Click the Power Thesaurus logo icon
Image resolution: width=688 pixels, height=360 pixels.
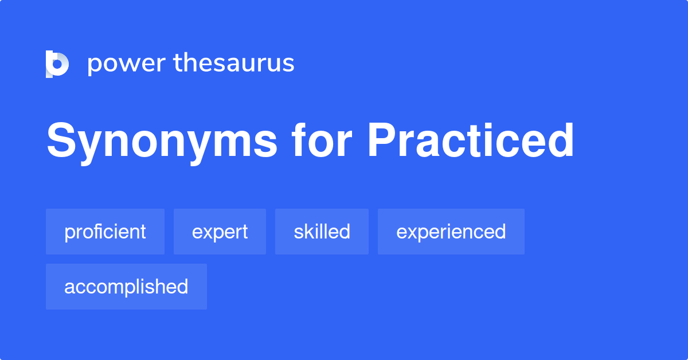[57, 64]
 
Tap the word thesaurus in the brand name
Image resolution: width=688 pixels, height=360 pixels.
[234, 63]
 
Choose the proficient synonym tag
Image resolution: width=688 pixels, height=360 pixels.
[105, 232]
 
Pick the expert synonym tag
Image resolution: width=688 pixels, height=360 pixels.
[220, 232]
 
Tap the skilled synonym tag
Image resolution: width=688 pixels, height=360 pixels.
[322, 232]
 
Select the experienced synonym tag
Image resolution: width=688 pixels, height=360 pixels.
[451, 232]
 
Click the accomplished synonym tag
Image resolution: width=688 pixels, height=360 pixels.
[126, 287]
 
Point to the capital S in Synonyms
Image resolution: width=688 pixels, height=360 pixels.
[60, 141]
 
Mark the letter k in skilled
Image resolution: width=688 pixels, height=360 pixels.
[306, 232]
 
